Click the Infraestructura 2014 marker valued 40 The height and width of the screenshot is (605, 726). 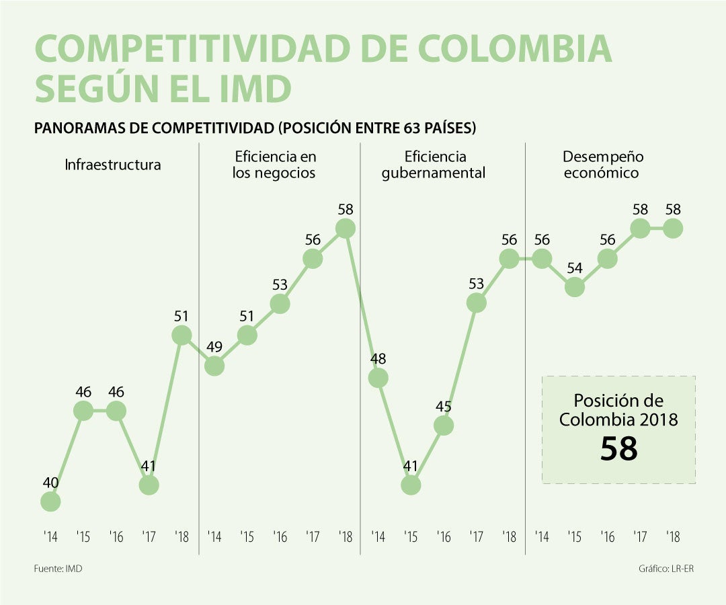50,501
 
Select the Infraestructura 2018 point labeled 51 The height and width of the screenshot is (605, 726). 182,335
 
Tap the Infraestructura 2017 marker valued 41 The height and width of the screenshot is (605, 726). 149,484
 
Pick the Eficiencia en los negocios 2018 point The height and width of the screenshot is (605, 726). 346,229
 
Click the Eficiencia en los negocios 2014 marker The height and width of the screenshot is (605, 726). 214,366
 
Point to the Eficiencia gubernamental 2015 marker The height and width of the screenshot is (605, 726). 411,484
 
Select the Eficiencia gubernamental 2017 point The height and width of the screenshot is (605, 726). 477,303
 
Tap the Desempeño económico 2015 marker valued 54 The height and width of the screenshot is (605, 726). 574,287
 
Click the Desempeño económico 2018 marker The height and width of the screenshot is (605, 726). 673,229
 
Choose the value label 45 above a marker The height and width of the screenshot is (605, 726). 444,407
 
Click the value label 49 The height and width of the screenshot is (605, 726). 214,347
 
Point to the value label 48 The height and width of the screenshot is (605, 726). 378,359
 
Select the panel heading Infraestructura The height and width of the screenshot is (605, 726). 113,165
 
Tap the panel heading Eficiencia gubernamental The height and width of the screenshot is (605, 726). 434,165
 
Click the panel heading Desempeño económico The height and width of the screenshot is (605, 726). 602,165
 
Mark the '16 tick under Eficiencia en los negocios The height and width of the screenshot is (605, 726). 280,537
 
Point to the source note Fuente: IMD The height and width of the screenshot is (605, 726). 58,569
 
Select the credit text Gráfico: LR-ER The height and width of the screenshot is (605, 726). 665,569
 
